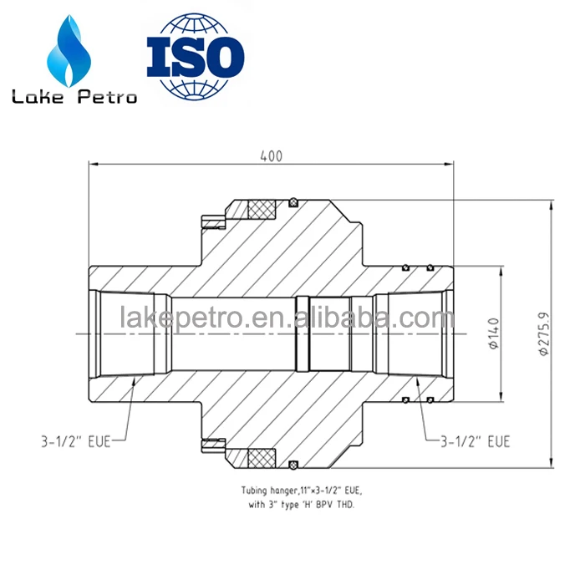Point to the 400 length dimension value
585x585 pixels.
tap(271, 156)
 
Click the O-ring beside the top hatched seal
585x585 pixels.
tap(293, 201)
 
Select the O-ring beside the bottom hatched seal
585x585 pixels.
tap(293, 465)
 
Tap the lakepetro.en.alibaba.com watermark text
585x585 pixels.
tap(287, 318)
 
